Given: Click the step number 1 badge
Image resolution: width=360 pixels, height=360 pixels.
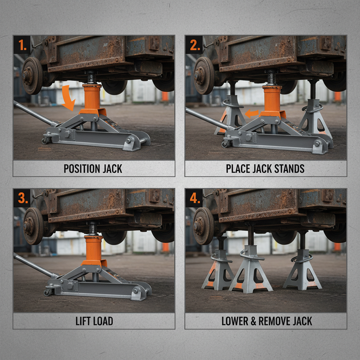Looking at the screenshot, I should (22, 45).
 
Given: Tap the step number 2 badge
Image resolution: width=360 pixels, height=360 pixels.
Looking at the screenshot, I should (194, 45).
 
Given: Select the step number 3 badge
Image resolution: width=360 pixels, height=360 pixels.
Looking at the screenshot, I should (22, 198).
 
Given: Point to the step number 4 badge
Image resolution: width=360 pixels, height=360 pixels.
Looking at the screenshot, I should (194, 198).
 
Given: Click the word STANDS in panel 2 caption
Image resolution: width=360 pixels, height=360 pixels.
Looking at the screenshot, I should (289, 169).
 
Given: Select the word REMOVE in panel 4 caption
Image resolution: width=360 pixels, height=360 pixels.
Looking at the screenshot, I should (278, 321).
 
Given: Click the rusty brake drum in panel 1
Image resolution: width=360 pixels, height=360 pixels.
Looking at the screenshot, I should (32, 75).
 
